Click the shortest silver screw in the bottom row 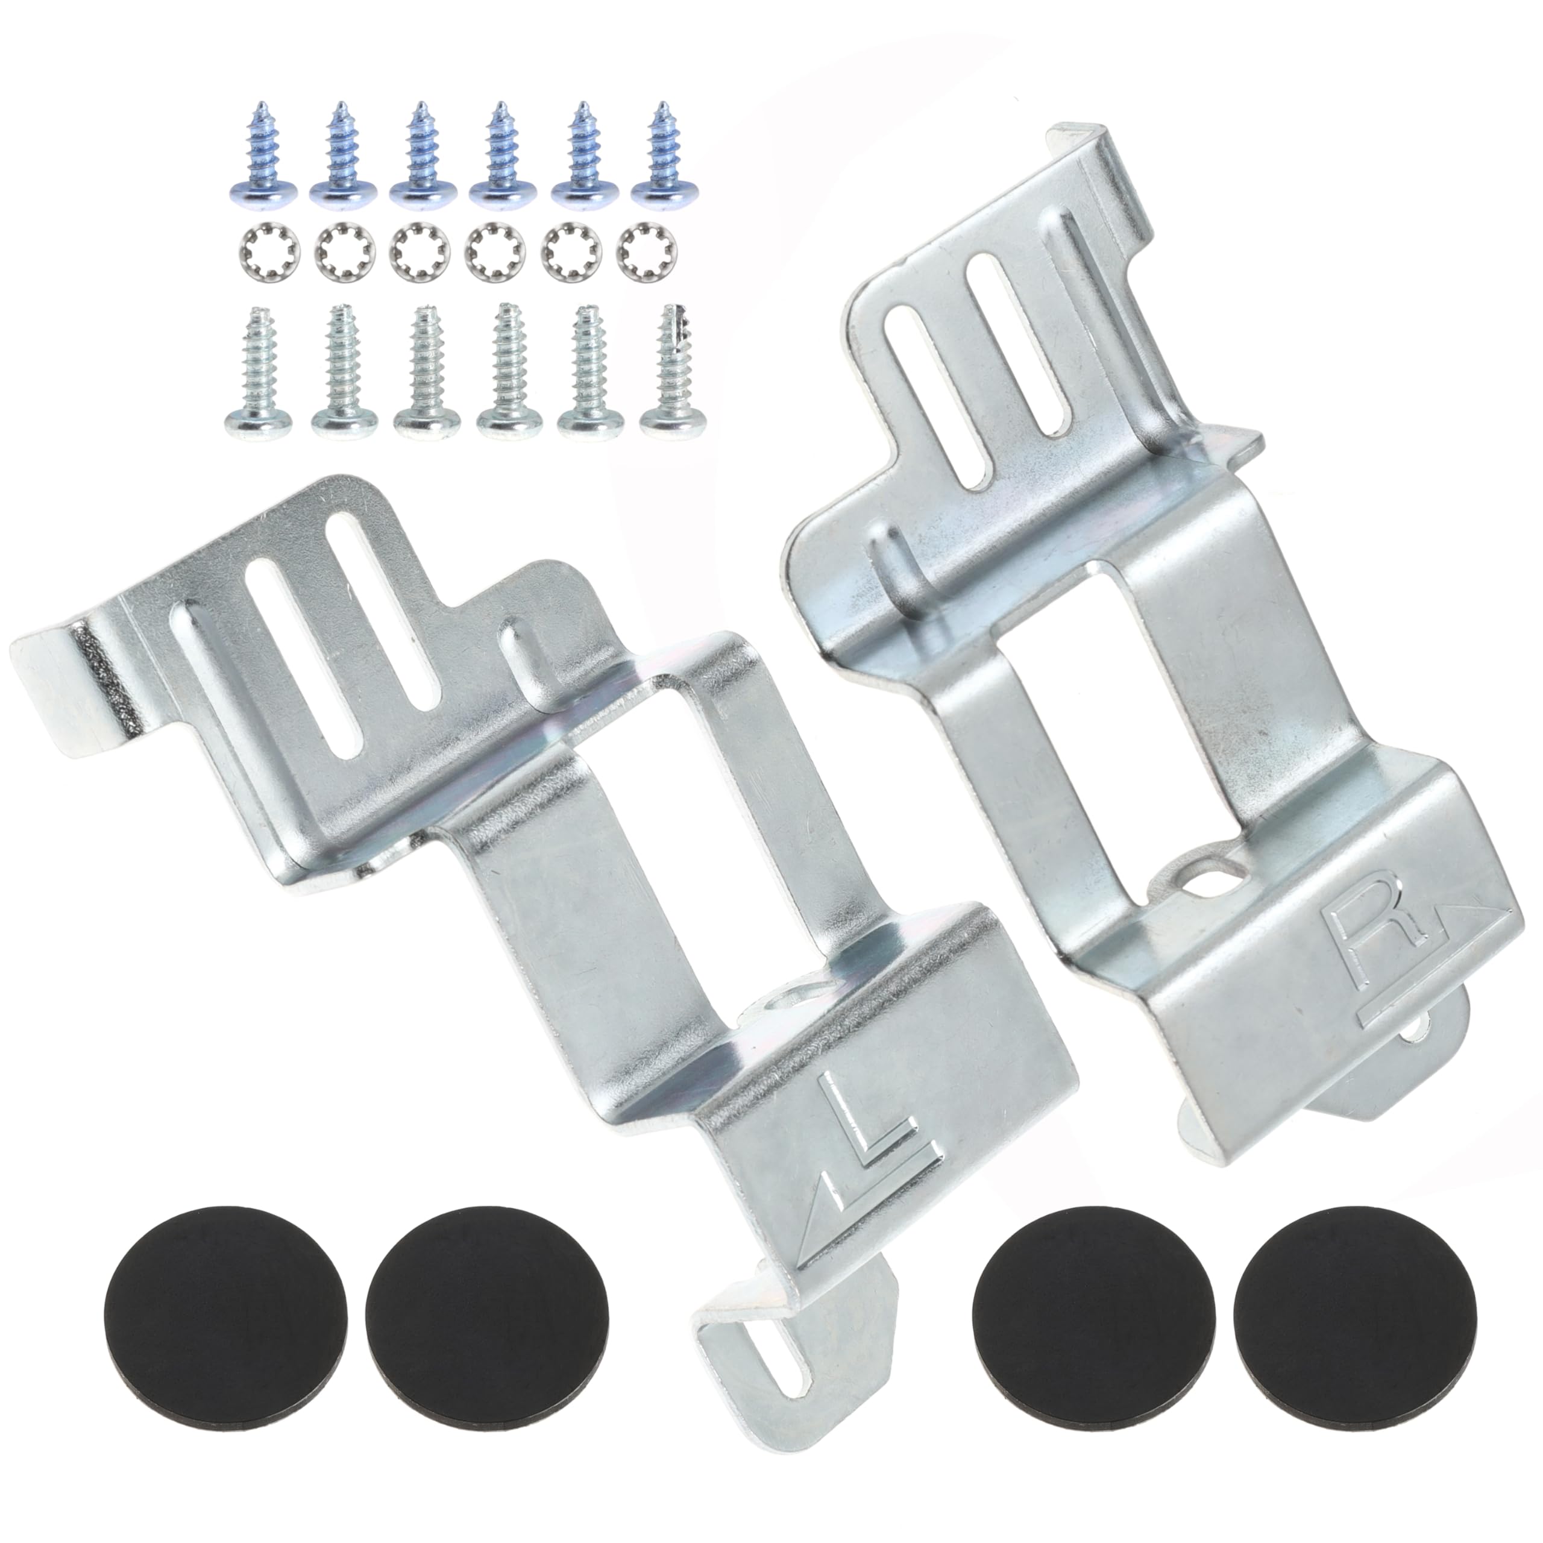tap(254, 376)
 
